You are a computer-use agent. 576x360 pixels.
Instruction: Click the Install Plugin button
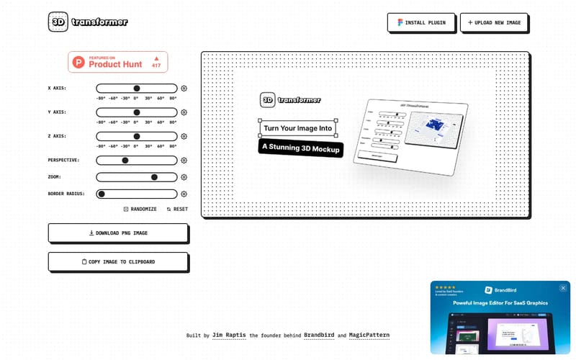tap(421, 23)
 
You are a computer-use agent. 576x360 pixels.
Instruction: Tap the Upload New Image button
tap(494, 23)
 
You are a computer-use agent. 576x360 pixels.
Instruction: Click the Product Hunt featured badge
tap(118, 62)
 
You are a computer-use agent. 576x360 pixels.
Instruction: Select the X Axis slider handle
tap(137, 88)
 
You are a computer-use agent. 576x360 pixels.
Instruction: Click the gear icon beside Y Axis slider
tap(184, 112)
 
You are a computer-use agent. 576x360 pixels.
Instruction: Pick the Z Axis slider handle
tap(137, 136)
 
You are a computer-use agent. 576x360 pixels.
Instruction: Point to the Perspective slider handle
tap(125, 161)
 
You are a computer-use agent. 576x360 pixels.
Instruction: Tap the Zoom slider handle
tap(154, 177)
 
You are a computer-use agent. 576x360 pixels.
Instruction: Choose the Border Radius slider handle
tap(102, 194)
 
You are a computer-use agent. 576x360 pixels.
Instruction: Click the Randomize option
tap(140, 209)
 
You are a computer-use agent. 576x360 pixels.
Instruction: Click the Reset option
tap(177, 209)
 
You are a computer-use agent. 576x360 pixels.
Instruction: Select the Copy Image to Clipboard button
tap(118, 261)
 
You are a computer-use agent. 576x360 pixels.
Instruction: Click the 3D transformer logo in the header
tap(88, 22)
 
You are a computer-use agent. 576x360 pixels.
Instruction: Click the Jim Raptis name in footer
tap(229, 336)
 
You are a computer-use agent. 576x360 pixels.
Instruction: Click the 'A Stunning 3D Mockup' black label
tap(300, 149)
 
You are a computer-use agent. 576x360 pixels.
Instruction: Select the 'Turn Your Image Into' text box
tap(297, 129)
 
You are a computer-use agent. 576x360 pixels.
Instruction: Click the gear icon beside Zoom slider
tap(184, 177)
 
